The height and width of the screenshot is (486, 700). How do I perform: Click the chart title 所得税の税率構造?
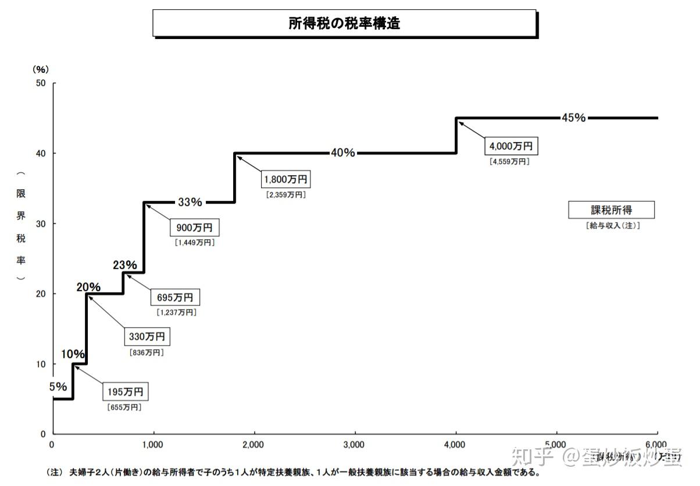coord(344,23)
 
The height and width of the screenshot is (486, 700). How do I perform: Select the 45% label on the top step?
coord(573,118)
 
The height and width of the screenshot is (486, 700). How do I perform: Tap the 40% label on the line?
coord(342,153)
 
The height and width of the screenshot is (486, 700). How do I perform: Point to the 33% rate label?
coord(190,203)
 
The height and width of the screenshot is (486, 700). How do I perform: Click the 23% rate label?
coord(125,265)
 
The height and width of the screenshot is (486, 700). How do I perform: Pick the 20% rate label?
coord(88,287)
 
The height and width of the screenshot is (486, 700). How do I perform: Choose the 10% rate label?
coord(73,354)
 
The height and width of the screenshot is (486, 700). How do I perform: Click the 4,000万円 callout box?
coord(510,146)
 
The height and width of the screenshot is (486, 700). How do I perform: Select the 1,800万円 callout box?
coord(285,179)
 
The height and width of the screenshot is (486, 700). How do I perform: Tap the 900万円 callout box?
coord(195,228)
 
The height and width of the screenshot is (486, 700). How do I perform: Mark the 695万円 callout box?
coord(176,298)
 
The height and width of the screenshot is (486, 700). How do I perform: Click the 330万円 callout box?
coord(147,336)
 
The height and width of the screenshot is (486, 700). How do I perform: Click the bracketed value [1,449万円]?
coord(195,243)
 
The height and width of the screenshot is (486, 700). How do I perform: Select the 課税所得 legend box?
coord(611,210)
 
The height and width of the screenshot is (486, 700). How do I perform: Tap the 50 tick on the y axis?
coord(41,83)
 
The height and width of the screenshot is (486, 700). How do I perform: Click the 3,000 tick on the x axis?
coord(354,445)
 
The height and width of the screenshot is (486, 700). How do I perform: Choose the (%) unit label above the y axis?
coord(40,69)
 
